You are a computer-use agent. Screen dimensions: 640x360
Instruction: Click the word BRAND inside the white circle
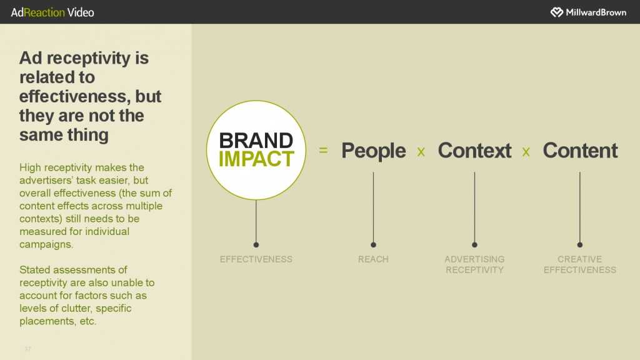click(x=256, y=141)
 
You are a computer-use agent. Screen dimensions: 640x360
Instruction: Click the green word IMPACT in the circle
click(x=256, y=159)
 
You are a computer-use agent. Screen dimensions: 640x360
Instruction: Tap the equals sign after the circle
click(x=323, y=150)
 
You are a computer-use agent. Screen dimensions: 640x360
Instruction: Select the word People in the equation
click(x=374, y=151)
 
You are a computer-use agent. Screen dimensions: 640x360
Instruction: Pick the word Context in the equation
click(x=474, y=150)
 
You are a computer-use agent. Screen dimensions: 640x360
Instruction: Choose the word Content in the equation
click(x=580, y=150)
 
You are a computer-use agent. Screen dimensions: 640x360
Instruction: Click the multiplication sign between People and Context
click(x=421, y=152)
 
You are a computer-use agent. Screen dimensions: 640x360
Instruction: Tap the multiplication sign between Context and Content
click(x=526, y=152)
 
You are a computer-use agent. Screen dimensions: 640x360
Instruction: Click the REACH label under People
click(x=373, y=259)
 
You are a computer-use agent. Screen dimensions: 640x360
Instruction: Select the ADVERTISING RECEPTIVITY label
click(x=474, y=264)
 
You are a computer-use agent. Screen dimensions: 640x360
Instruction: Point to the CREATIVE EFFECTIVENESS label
click(x=579, y=264)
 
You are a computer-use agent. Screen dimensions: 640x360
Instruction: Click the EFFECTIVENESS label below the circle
click(x=256, y=259)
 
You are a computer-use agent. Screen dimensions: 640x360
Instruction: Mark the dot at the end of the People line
click(x=373, y=245)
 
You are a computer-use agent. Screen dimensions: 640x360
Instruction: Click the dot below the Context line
click(x=474, y=245)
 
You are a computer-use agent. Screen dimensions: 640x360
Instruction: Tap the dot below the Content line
click(x=579, y=245)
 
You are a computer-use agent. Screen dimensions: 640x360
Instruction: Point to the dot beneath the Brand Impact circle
click(x=256, y=245)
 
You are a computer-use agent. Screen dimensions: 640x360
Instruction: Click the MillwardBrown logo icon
click(x=557, y=12)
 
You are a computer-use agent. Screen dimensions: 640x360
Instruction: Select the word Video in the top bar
click(x=81, y=12)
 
